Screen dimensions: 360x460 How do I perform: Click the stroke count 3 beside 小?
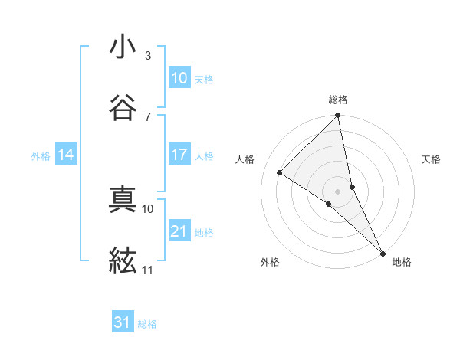click(147, 56)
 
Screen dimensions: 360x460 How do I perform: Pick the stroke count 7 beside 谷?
click(147, 116)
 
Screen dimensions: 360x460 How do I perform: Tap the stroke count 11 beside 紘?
click(147, 270)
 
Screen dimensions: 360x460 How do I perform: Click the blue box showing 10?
click(179, 77)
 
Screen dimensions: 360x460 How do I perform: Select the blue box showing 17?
click(179, 154)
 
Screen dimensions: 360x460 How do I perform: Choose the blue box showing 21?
click(179, 231)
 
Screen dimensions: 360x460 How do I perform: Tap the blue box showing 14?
click(66, 154)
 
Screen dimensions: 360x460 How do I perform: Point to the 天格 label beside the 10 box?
click(204, 79)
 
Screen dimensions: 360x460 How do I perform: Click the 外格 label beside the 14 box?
click(41, 155)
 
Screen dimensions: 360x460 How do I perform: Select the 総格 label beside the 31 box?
click(147, 324)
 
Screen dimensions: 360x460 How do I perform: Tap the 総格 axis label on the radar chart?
click(338, 100)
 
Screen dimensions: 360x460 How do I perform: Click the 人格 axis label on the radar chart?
click(246, 159)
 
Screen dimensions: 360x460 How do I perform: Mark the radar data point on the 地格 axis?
click(383, 253)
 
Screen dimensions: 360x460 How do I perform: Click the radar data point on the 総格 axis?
click(338, 116)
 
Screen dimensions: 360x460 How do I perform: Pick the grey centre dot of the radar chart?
click(338, 190)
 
